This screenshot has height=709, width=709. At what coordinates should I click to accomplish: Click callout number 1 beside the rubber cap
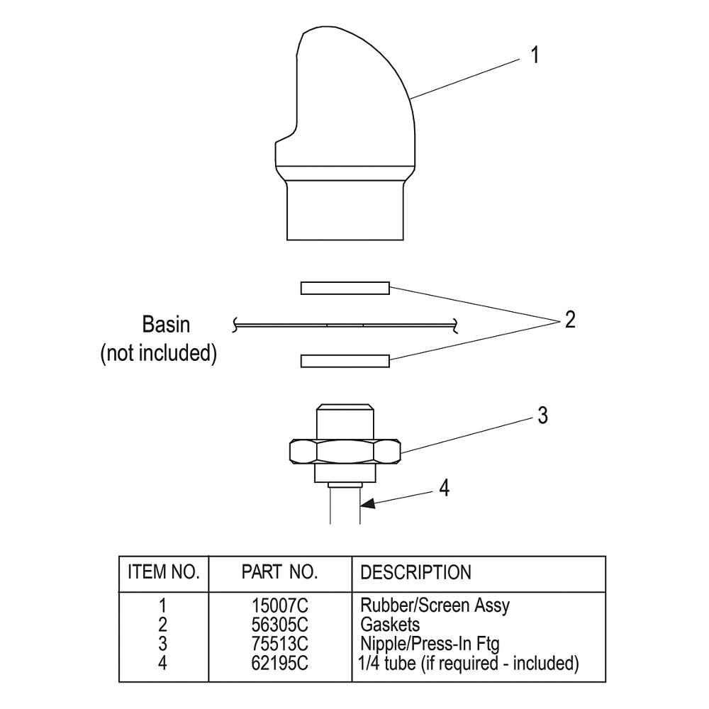point(535,55)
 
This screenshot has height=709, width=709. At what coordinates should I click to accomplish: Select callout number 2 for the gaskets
point(569,320)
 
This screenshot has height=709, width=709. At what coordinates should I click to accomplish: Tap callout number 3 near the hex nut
point(542,415)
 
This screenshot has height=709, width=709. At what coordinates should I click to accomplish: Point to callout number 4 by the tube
point(445,489)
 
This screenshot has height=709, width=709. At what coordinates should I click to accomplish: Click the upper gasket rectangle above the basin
point(345,287)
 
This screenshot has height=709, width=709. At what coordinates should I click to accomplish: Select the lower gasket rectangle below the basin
point(345,361)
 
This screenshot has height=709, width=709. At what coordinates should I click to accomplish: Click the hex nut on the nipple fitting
point(345,451)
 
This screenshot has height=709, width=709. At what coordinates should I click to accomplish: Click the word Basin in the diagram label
point(167,325)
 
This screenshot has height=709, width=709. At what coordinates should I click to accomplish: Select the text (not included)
point(158,352)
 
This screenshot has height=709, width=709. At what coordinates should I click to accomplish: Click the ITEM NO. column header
point(163,572)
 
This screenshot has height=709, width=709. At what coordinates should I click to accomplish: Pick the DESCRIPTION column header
point(415,572)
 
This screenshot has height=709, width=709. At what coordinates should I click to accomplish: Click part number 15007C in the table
point(281,606)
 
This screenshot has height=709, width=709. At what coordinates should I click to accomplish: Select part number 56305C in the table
point(281,625)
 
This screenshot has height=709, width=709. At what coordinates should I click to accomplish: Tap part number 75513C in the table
point(281,644)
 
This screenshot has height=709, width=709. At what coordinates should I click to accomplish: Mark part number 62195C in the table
point(281,664)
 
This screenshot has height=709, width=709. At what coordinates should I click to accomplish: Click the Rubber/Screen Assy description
point(435,606)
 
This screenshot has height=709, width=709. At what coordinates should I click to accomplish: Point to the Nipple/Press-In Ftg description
point(430,644)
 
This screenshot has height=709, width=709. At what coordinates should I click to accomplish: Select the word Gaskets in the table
point(390,625)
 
